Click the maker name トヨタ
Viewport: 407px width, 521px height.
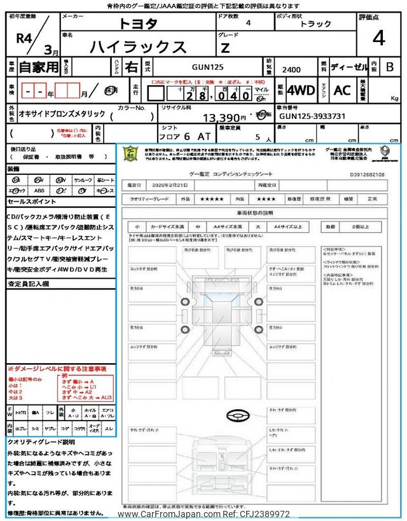tap(139, 24)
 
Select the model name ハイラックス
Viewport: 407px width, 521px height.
tap(139, 46)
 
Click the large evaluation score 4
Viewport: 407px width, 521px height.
tap(379, 39)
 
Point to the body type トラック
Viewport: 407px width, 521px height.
tap(315, 24)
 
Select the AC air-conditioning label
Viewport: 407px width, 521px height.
tap(341, 90)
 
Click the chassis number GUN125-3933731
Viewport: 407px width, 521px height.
tap(312, 116)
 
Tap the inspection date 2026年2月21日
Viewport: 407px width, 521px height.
tap(172, 185)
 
